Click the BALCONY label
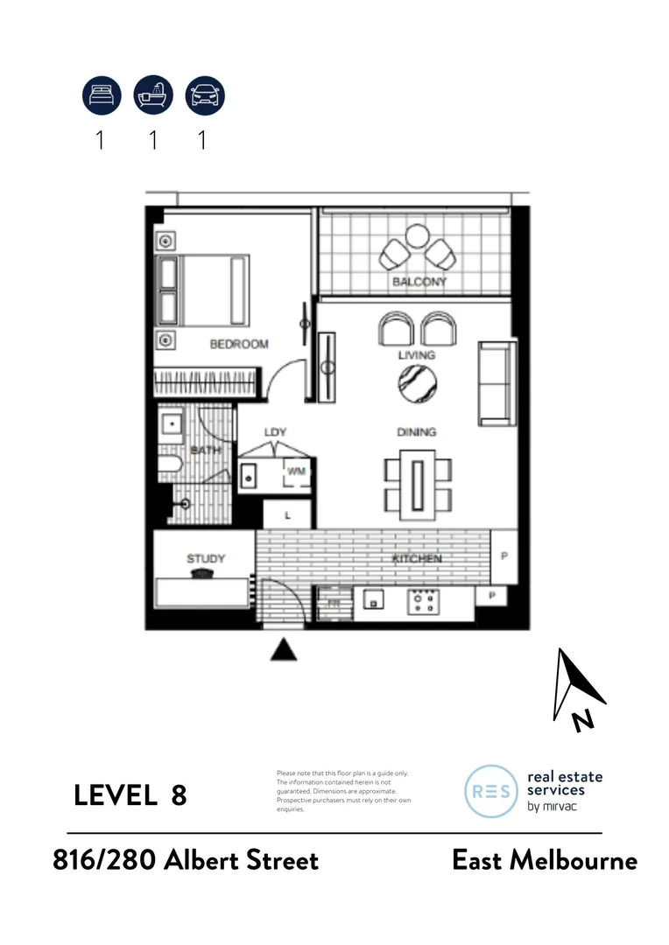click(x=419, y=282)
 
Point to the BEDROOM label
click(x=238, y=344)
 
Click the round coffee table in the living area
click(x=417, y=382)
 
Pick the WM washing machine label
click(x=295, y=472)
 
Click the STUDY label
click(x=206, y=558)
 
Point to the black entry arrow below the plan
click(x=282, y=648)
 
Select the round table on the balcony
click(x=418, y=236)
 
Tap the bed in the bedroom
click(x=203, y=290)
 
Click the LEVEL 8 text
click(x=130, y=795)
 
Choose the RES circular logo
click(x=490, y=791)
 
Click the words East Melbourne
click(x=544, y=860)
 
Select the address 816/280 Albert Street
click(x=185, y=860)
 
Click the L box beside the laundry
click(x=287, y=516)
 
